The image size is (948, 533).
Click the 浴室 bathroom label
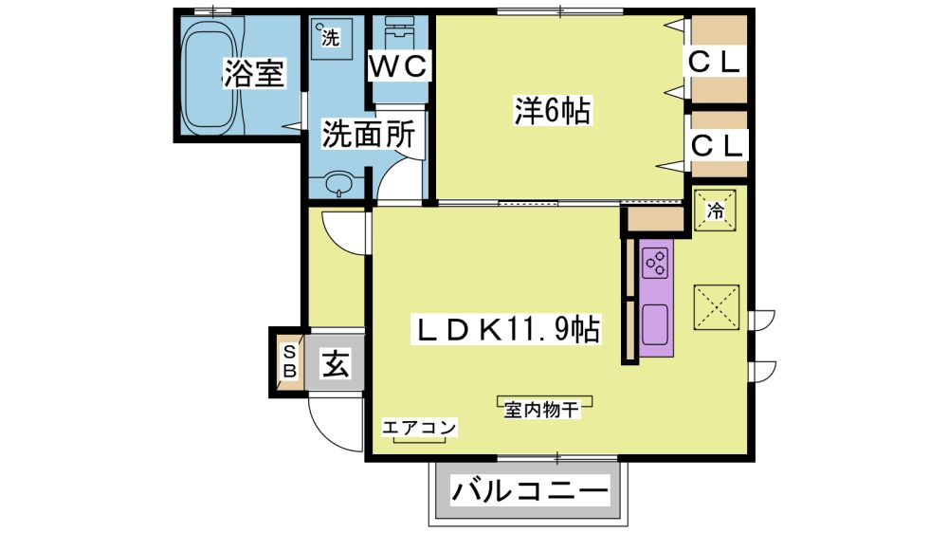tap(254, 73)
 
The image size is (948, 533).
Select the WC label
tap(398, 65)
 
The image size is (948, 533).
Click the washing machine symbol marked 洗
tap(331, 38)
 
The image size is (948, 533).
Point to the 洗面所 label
tap(368, 134)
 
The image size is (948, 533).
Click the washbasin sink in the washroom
tap(339, 185)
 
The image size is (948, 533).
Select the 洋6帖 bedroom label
tap(552, 110)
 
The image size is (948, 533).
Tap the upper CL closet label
tap(715, 62)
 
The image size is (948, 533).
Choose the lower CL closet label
tap(716, 145)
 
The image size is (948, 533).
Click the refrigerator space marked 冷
tap(715, 211)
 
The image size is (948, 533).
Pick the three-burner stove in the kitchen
tap(655, 263)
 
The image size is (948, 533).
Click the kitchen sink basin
tap(655, 323)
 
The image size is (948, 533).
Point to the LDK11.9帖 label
tap(505, 330)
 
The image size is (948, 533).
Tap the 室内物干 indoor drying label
tap(541, 410)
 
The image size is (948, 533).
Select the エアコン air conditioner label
tap(418, 428)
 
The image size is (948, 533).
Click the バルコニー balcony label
tap(529, 490)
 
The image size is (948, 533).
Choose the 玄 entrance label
tap(336, 363)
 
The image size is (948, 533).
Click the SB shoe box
tap(289, 361)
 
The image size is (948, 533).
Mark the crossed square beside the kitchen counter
tap(716, 307)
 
